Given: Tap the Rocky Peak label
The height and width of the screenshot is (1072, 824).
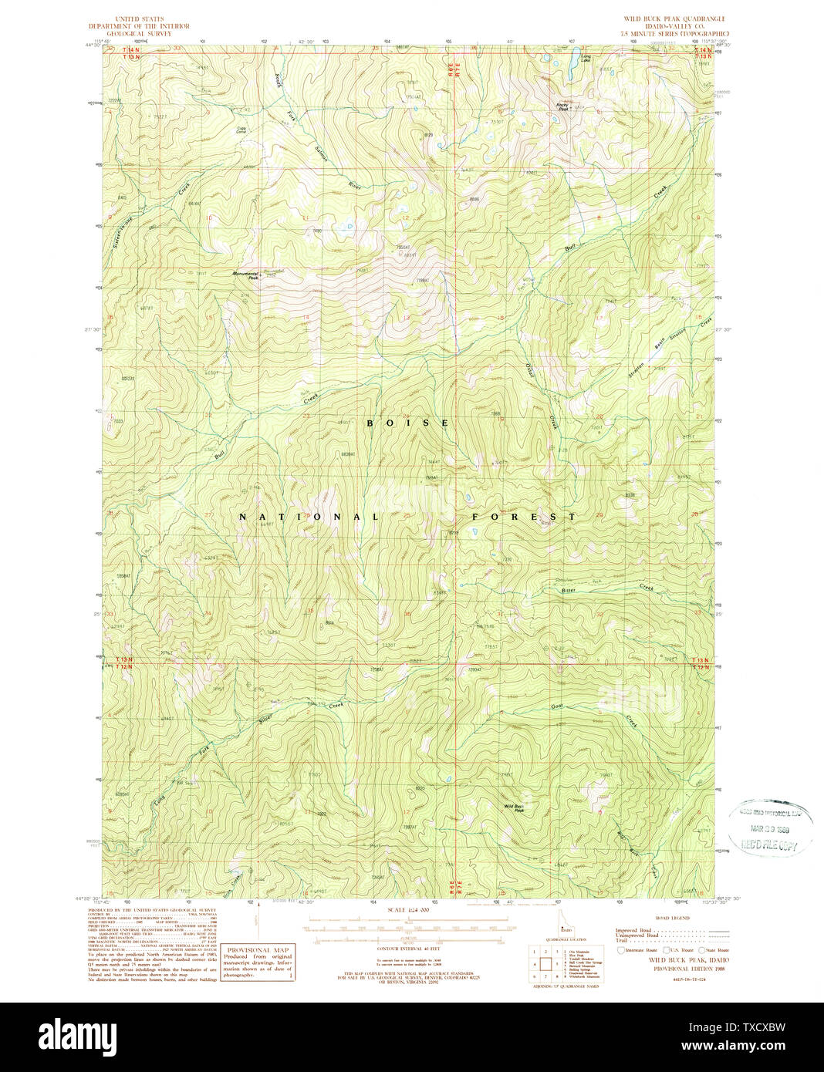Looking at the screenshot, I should click(x=565, y=107).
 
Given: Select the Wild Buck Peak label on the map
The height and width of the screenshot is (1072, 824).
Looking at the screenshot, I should click(x=515, y=808).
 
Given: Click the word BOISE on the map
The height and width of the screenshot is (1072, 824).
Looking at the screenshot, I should click(x=407, y=423).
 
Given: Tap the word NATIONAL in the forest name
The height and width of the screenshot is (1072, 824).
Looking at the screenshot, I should click(x=309, y=517).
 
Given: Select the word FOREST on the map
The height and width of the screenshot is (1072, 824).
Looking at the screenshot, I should click(x=523, y=517).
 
